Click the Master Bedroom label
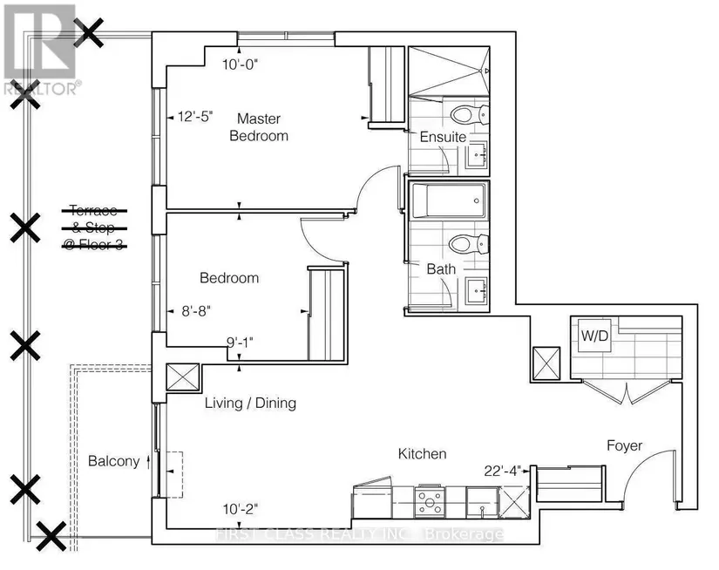[x=259, y=127]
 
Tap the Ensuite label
[x=443, y=137]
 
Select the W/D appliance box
[x=594, y=336]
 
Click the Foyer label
[x=624, y=445]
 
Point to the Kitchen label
[x=422, y=453]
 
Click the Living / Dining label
[x=250, y=403]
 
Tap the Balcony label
[x=113, y=461]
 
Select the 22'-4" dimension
[x=503, y=471]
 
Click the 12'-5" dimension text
[x=196, y=117]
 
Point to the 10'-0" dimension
[x=241, y=64]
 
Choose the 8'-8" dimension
[x=196, y=311]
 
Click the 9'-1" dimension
[x=240, y=343]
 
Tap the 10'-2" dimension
[x=241, y=509]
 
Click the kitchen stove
[x=430, y=501]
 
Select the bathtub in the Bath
[x=450, y=200]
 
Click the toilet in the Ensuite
[x=470, y=114]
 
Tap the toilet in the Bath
[x=469, y=243]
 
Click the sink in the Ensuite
[x=477, y=155]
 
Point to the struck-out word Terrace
[x=93, y=211]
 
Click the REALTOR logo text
[x=43, y=88]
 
